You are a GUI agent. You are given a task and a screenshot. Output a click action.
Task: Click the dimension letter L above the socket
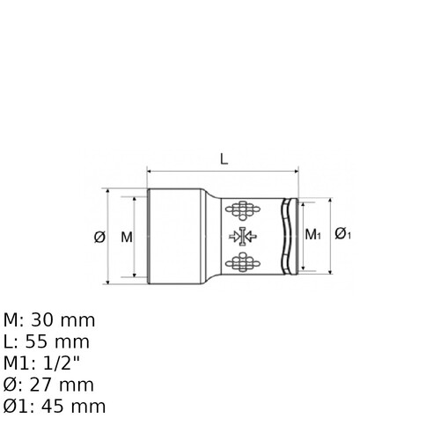point(224,159)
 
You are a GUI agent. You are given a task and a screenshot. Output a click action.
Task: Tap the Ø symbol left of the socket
point(99,237)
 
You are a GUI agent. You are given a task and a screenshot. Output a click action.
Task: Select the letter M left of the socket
point(127,237)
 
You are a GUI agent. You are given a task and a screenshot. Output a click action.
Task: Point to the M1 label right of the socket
point(313,234)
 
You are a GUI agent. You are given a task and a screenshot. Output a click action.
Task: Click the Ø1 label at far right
point(343,233)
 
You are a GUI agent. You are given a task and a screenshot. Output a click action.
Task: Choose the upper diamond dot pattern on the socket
point(243,210)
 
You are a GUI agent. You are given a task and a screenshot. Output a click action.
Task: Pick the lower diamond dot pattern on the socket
point(243,262)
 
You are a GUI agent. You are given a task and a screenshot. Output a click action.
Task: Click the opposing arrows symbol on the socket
point(243,236)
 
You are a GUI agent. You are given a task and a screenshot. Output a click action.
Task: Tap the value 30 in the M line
point(42,320)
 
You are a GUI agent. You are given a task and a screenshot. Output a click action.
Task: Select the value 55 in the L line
point(36,341)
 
